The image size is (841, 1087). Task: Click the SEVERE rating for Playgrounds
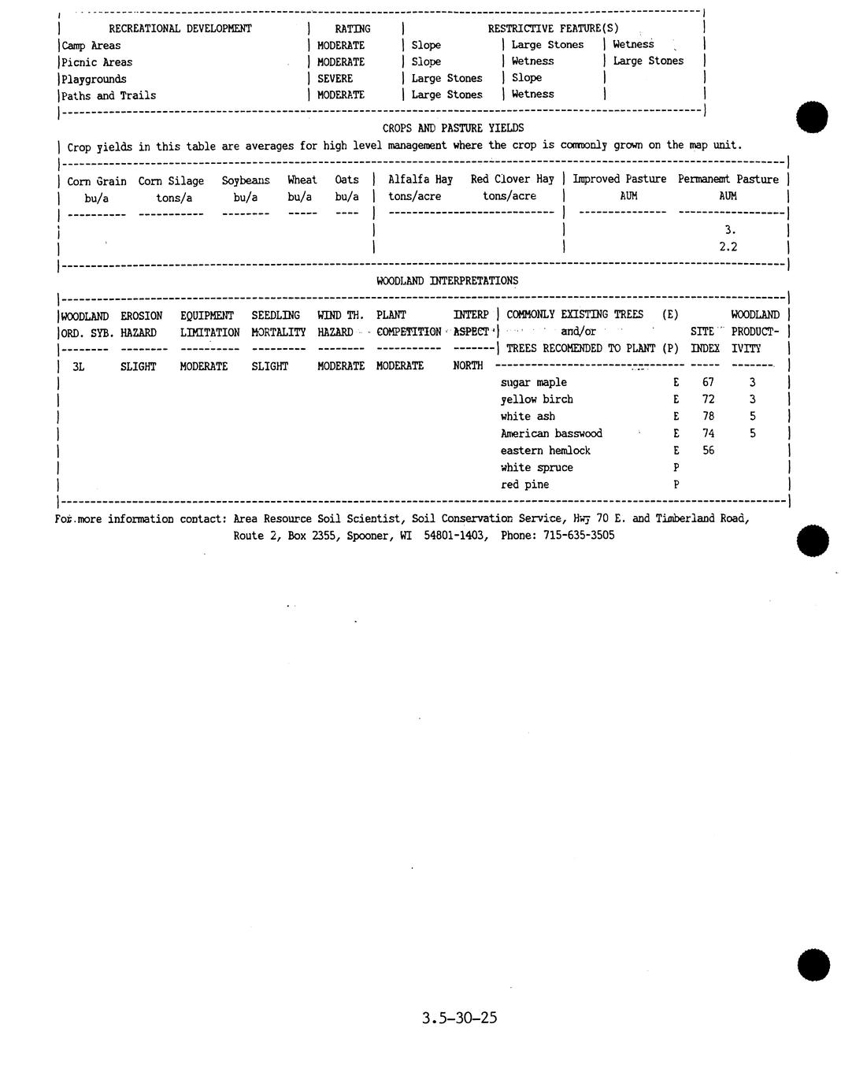[x=335, y=79]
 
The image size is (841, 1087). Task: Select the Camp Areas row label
[x=91, y=46]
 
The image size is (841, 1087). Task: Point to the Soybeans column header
[x=246, y=181]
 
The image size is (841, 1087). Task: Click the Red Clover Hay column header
[x=512, y=180]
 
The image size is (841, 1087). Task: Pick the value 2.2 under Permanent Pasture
[x=728, y=247]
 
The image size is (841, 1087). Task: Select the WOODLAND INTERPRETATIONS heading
[x=447, y=281]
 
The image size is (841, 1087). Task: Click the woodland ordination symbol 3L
[x=78, y=366]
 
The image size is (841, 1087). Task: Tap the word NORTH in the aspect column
[x=468, y=365]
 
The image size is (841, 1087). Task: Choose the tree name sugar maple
[x=533, y=383]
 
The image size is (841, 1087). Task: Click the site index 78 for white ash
[x=708, y=417]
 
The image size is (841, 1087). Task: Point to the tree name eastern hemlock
[x=545, y=451]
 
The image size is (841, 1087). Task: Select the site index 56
[x=708, y=451]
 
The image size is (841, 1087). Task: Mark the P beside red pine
[x=676, y=485]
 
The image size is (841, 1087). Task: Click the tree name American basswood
[x=551, y=434]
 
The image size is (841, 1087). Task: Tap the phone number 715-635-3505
[x=579, y=536]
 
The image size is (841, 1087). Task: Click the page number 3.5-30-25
[x=459, y=1018]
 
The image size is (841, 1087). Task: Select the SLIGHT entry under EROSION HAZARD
[x=138, y=366]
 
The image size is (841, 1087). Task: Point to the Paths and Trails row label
[x=109, y=96]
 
